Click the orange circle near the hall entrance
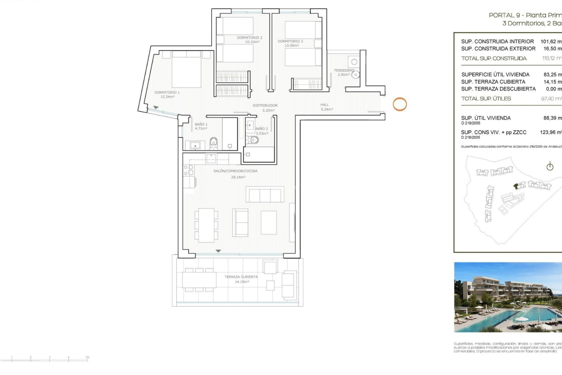tap(400, 104)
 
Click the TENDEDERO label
tap(344, 71)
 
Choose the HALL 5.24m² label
tap(326, 107)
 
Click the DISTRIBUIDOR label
tap(265, 105)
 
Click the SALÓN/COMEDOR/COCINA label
tap(236, 171)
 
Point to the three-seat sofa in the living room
tap(265, 194)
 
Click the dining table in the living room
tap(206, 225)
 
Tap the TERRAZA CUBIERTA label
tap(241, 277)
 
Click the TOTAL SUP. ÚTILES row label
tap(486, 99)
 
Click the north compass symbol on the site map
tap(550, 166)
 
